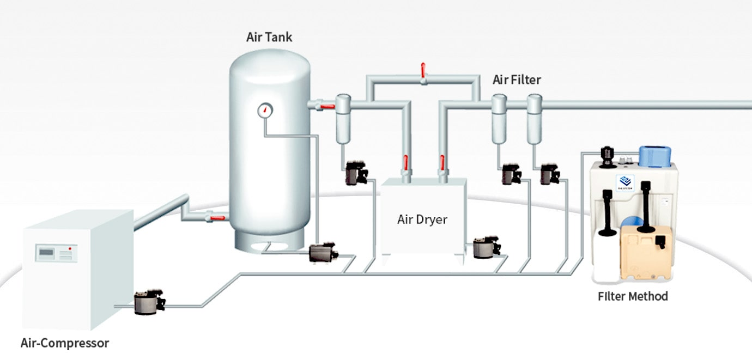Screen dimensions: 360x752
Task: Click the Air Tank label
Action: point(269,37)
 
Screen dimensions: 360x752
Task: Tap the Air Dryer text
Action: point(422,219)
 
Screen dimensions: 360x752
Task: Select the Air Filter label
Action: point(516,80)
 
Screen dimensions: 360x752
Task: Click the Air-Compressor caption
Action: point(64,343)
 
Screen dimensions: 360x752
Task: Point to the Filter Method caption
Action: point(632,296)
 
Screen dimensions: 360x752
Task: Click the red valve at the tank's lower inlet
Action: point(214,218)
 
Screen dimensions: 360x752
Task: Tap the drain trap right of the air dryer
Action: point(486,247)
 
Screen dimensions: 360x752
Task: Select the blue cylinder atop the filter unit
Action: point(657,156)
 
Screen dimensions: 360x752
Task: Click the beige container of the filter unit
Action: point(646,251)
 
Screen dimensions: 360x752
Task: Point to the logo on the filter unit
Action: point(624,181)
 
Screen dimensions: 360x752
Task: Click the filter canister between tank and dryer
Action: point(343,117)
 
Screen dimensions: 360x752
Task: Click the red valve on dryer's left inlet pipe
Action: point(405,162)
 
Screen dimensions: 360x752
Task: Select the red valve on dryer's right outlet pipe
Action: point(442,162)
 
